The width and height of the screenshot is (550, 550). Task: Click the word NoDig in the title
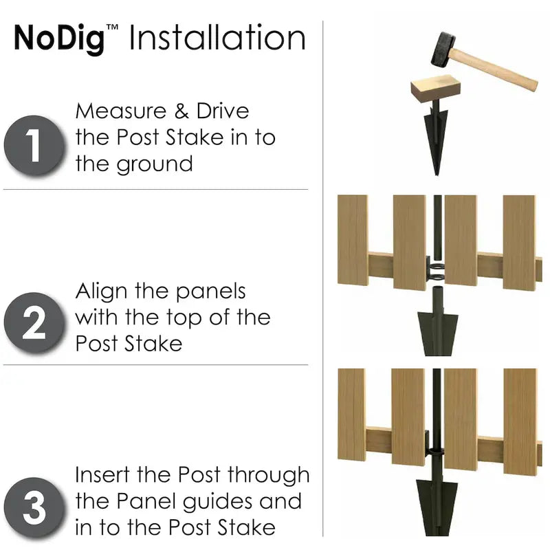(59, 38)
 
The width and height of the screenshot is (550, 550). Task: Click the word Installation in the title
(217, 37)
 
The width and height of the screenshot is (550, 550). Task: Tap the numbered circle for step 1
(34, 145)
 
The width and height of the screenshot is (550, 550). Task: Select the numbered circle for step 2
(34, 322)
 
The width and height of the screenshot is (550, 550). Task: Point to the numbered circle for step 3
(34, 507)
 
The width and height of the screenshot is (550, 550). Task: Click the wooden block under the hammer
(435, 88)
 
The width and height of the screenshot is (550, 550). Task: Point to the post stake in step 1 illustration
(436, 139)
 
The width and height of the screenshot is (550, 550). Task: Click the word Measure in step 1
(121, 111)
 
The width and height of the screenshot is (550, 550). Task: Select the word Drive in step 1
(223, 111)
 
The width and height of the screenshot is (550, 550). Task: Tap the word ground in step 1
(154, 164)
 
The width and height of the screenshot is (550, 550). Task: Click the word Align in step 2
(101, 291)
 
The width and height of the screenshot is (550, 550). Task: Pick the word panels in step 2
(210, 291)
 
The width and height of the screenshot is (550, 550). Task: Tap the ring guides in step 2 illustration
(437, 272)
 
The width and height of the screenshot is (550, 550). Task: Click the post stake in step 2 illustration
(437, 322)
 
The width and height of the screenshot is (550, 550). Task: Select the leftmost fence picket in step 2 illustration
(353, 240)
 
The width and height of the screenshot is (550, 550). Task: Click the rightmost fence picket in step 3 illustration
(520, 421)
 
